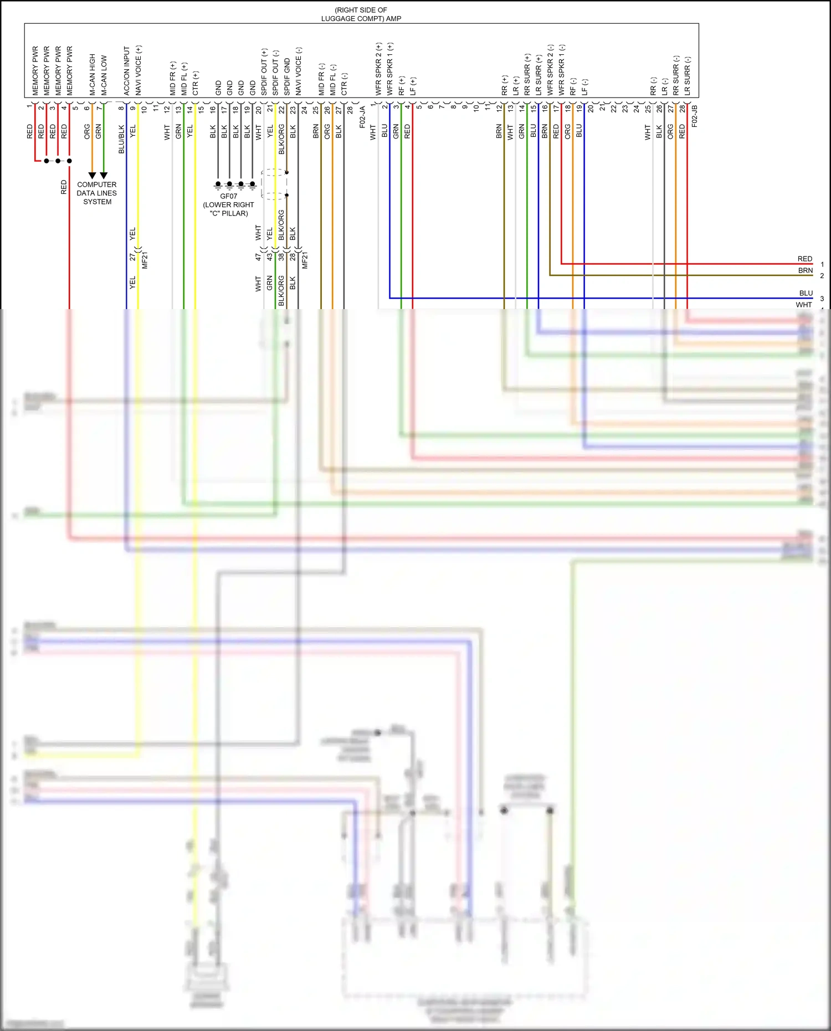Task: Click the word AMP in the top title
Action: pos(394,18)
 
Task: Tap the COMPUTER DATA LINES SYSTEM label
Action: pos(97,193)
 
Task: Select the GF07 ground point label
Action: pos(228,196)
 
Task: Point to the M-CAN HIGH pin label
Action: pos(93,74)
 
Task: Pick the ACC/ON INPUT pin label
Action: pos(127,70)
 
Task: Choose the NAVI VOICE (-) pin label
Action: pos(299,71)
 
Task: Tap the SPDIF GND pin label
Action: pos(287,76)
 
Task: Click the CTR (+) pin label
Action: pos(196,83)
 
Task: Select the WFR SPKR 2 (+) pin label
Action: pos(379,69)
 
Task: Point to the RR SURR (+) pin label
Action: pos(527,74)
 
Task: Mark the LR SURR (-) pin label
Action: pos(688,75)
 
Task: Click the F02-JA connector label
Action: pos(362,117)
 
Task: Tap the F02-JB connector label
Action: pos(695,116)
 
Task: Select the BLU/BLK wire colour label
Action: pos(121,139)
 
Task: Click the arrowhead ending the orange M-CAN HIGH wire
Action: pos(93,175)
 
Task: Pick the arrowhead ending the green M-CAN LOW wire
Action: pos(104,175)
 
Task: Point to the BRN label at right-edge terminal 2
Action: pos(806,270)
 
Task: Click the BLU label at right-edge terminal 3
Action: pos(806,293)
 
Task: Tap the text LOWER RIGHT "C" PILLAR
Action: pos(228,209)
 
